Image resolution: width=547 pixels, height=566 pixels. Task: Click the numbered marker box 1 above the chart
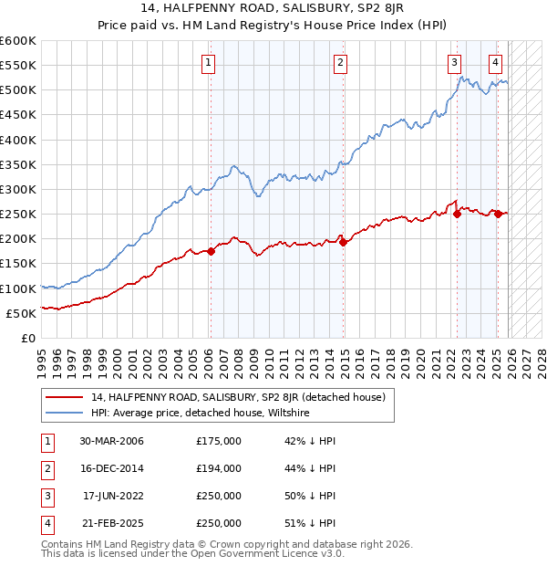point(209,63)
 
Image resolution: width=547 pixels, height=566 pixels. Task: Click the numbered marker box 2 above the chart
point(339,63)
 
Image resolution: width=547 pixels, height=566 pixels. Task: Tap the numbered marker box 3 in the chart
point(454,63)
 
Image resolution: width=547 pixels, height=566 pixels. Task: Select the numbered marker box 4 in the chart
point(495,63)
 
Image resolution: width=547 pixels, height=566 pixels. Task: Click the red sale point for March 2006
point(211,251)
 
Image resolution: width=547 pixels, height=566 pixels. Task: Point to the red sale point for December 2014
point(344,242)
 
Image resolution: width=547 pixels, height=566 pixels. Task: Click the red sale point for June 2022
point(457,215)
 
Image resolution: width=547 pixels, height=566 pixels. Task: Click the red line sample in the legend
point(64,397)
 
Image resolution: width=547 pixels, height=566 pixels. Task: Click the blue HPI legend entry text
point(201,413)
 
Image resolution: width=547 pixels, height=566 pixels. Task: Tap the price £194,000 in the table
point(218,468)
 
